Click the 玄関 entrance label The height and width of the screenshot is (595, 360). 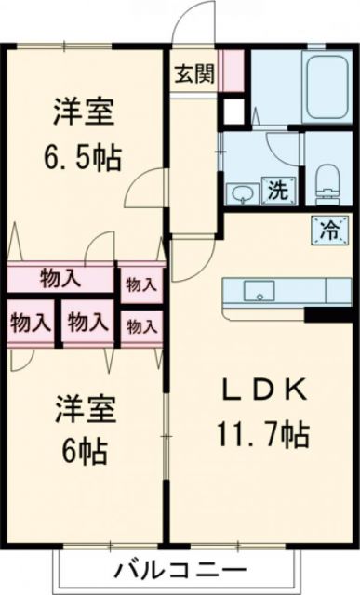[194, 73]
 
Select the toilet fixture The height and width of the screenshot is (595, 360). [327, 178]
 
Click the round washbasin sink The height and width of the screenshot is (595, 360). [241, 192]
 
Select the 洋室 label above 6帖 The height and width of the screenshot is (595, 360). [85, 410]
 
